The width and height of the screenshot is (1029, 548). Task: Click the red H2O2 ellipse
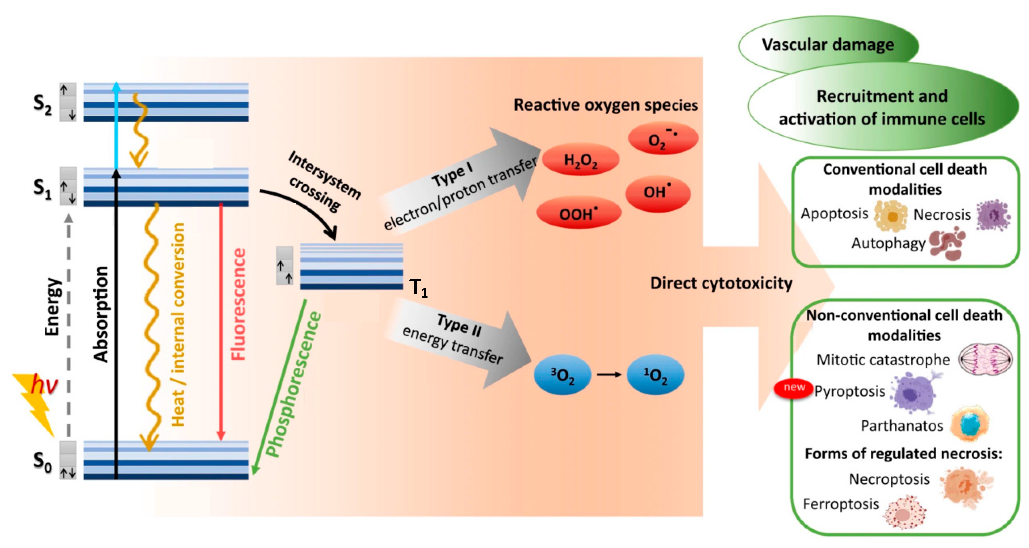point(580,160)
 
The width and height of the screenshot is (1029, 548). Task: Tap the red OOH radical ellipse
point(578,214)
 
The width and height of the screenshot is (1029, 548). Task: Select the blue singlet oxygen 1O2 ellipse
point(655,375)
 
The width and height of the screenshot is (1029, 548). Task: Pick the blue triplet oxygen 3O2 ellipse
point(562,375)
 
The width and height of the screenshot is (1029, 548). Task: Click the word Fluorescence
point(239,304)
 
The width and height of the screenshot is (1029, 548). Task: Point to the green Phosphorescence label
point(294,384)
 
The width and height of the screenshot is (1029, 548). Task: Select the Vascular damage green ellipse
point(828,45)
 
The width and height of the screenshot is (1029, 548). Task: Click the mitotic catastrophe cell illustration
point(985,359)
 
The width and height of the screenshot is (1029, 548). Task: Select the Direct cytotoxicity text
point(721,283)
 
